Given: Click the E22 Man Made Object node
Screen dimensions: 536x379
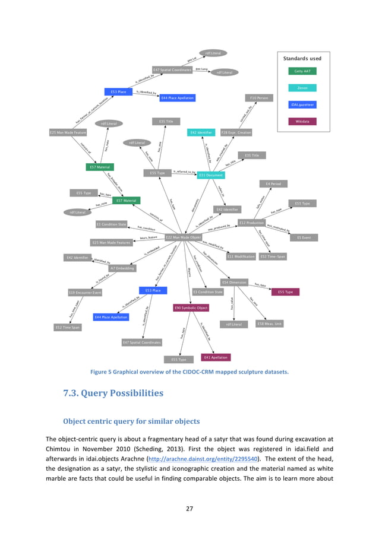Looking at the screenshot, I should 179,237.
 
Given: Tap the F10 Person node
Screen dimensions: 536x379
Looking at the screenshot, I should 258,97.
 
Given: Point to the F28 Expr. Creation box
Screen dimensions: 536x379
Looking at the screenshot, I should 236,132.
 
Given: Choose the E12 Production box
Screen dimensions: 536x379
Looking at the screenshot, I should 251,222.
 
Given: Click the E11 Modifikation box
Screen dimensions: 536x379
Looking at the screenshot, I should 241,256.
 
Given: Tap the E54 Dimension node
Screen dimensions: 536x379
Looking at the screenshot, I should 234,282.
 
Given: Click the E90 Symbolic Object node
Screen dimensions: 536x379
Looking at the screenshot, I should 191,308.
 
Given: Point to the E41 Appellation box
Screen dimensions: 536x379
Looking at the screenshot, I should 216,357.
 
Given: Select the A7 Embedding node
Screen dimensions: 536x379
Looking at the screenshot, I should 122,268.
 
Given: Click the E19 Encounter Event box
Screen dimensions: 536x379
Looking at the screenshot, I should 85,292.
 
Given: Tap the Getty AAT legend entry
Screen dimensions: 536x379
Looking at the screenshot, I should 302,71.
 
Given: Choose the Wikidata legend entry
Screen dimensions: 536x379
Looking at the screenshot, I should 302,121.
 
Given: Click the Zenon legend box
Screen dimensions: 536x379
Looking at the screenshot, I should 302,88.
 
